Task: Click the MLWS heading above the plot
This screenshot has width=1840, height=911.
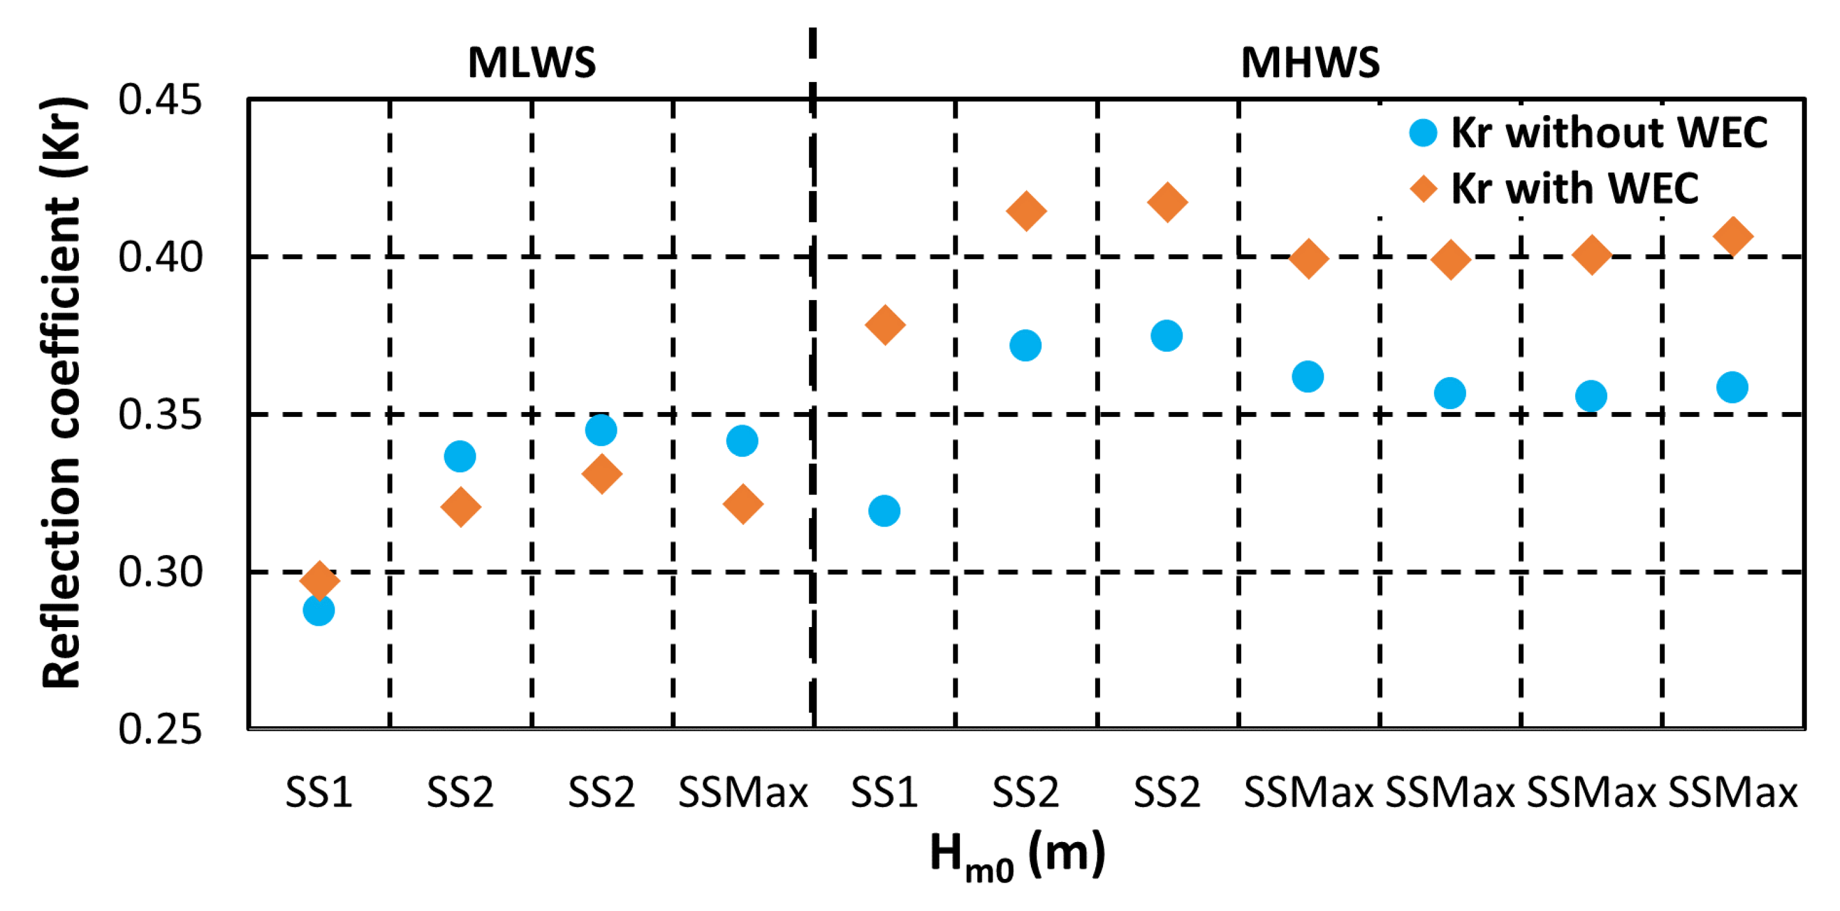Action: (531, 62)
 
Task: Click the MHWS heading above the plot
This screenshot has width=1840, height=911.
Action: (1310, 62)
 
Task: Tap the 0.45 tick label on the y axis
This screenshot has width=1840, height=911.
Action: (160, 99)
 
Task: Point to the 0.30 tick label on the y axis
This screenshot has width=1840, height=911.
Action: (160, 572)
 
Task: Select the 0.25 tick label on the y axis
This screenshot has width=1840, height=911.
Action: (160, 729)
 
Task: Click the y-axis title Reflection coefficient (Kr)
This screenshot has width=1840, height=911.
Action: (62, 393)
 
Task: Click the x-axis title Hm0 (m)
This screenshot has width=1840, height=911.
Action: (1017, 854)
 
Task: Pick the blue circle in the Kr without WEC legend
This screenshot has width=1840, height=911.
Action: (1423, 133)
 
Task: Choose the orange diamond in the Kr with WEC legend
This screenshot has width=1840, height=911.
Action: (1423, 189)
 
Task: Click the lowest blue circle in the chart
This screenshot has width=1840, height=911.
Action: (319, 610)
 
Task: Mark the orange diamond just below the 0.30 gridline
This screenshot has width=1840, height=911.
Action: (319, 579)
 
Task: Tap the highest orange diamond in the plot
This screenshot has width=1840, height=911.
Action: (1167, 201)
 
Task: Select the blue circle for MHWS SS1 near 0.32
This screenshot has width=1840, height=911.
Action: (884, 511)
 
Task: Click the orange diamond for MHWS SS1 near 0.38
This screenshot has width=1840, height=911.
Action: (885, 325)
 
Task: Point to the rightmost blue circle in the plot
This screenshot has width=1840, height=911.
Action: (1732, 387)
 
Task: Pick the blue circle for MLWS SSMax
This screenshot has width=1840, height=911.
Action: (742, 440)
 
